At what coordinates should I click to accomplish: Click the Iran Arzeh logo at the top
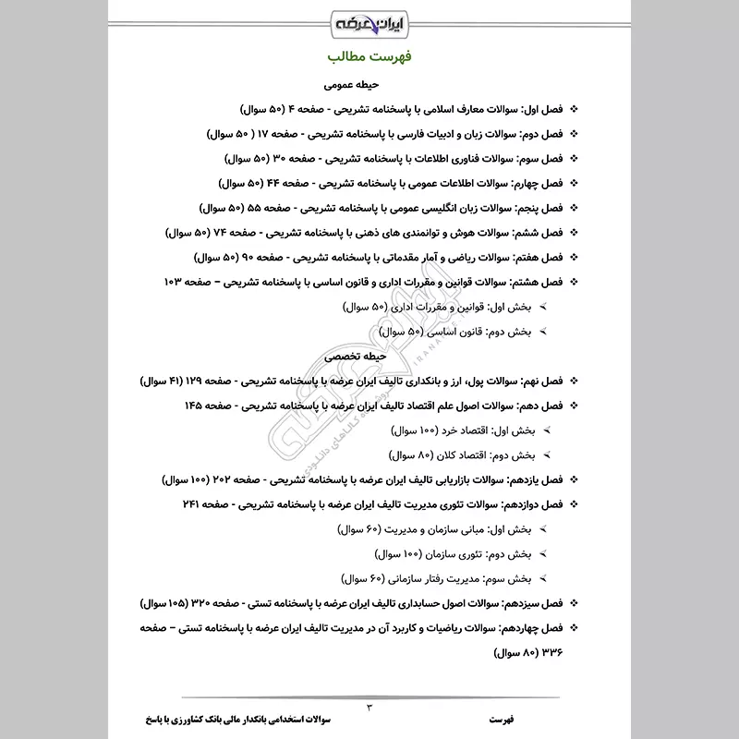[x=369, y=19]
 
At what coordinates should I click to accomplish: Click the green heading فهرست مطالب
[x=369, y=56]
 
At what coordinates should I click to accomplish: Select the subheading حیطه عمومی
[x=369, y=84]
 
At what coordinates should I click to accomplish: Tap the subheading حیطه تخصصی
[x=369, y=356]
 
